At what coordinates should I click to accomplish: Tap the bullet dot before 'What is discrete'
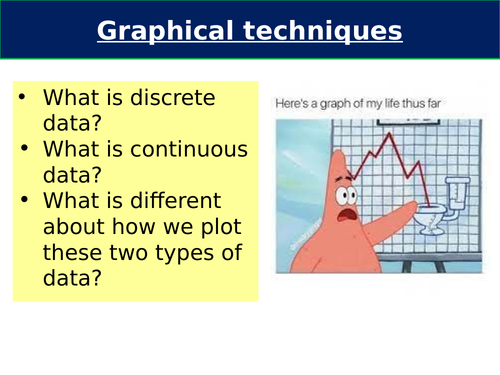pyautogui.click(x=24, y=100)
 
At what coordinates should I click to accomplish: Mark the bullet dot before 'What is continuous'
pyautogui.click(x=24, y=150)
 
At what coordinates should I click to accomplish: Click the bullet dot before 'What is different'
pyautogui.click(x=24, y=200)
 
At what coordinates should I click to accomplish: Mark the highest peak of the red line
pyautogui.click(x=406, y=132)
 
